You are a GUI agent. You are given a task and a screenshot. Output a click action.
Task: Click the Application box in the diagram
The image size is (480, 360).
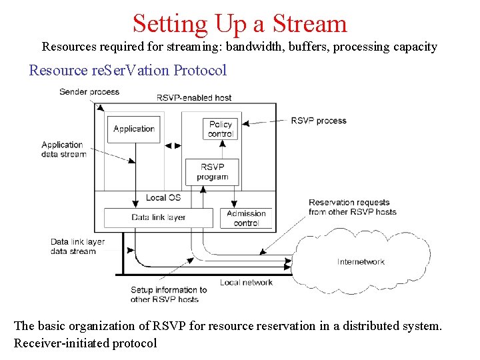click(x=134, y=129)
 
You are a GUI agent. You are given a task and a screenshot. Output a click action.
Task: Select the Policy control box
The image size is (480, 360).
click(x=220, y=129)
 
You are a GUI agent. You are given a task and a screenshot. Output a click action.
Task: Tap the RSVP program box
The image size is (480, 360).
click(x=212, y=171)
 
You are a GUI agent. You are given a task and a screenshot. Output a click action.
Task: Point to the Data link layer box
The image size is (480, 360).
click(x=159, y=217)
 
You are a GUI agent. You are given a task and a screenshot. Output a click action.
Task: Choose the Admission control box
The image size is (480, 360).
click(x=246, y=218)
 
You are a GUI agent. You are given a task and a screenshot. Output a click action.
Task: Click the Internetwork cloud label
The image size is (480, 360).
click(x=361, y=262)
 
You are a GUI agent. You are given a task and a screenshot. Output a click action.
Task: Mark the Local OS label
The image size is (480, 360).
click(x=163, y=197)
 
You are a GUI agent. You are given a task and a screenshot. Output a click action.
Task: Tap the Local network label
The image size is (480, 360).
click(x=246, y=283)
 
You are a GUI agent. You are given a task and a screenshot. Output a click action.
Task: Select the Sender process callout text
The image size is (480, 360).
click(x=89, y=91)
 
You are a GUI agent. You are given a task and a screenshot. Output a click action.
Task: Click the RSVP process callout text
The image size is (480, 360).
click(x=319, y=121)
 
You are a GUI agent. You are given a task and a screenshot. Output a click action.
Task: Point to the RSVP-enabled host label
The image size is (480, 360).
click(x=194, y=97)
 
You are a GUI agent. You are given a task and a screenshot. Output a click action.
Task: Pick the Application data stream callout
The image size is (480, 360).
click(x=63, y=149)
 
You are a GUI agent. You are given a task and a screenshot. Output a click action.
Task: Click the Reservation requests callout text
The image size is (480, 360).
click(x=352, y=207)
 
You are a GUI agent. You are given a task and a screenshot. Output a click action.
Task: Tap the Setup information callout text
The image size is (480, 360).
click(x=169, y=295)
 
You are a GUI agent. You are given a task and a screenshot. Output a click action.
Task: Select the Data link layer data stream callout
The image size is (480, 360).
click(x=78, y=246)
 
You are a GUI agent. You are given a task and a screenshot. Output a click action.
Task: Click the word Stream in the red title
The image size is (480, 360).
click(x=311, y=23)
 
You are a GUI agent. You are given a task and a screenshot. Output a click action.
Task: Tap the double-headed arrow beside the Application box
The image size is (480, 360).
click(x=172, y=145)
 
